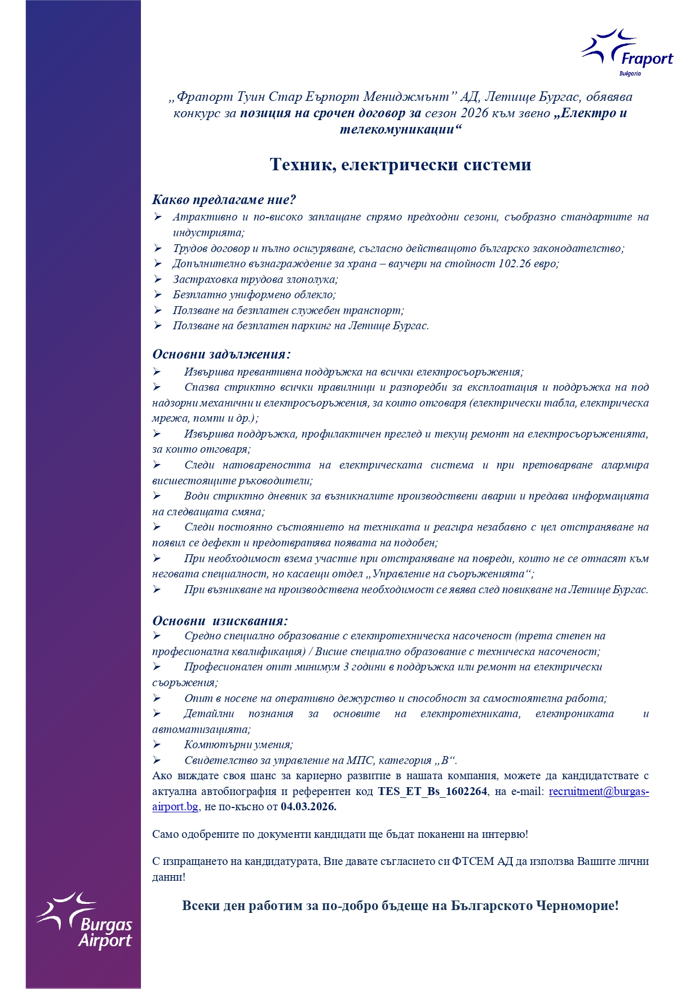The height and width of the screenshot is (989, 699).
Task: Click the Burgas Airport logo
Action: point(85,919)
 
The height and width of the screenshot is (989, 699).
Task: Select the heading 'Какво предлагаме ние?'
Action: point(224,200)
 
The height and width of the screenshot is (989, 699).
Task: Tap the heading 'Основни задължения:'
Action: point(222,355)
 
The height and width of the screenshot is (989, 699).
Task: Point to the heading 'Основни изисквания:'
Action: point(220,621)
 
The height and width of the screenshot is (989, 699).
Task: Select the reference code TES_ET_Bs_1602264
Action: point(432,791)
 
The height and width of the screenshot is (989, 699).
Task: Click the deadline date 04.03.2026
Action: point(308,806)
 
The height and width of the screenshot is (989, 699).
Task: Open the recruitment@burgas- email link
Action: point(599,791)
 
